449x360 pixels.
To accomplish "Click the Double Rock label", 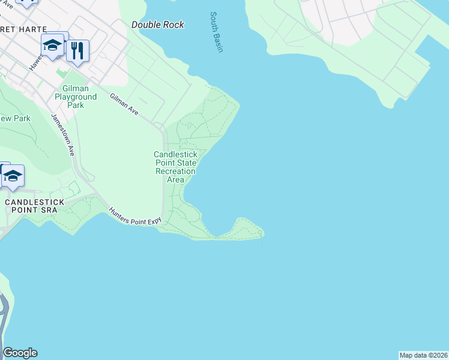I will click(158, 25).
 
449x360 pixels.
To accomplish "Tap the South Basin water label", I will click(217, 32).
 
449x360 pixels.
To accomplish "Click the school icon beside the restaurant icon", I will click(53, 45).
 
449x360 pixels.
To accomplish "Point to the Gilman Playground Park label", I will click(76, 97).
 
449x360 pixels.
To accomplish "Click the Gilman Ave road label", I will click(124, 105).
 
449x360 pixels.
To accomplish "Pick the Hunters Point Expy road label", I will click(136, 217).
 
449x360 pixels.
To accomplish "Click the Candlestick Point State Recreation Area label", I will click(175, 167).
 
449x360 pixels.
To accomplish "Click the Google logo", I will click(20, 353).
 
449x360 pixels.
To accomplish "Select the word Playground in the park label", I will click(76, 97).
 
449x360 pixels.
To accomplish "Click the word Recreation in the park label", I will click(175, 171).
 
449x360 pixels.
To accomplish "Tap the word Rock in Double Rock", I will click(173, 25).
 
